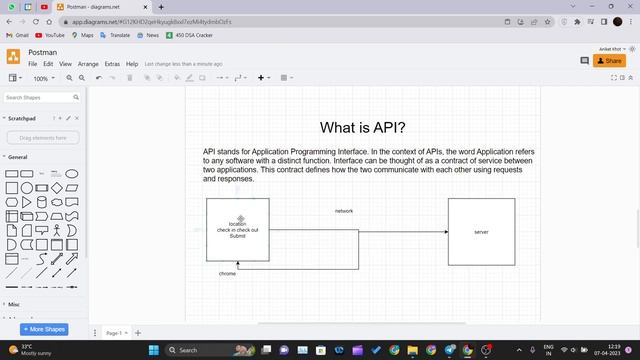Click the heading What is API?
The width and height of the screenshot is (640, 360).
pos(362,128)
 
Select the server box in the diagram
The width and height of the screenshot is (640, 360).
pos(481,232)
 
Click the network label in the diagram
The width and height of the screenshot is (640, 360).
pos(343,211)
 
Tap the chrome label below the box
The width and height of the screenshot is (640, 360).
pos(227,273)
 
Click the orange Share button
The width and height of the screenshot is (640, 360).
pos(609,61)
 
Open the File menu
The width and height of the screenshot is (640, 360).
pos(33,64)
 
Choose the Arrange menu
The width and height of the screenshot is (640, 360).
pos(88,64)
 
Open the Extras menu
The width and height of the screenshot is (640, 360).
pos(112,64)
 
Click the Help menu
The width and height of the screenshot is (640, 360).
pos(132,64)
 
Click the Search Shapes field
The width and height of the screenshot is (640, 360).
pos(38,98)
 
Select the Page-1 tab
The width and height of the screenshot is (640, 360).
pos(114,333)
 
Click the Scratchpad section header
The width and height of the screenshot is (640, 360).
pos(23,118)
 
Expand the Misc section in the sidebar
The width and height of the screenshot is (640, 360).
pos(14,304)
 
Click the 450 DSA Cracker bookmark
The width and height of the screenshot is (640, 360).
pos(193,35)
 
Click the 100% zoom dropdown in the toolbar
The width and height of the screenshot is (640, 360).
pos(43,78)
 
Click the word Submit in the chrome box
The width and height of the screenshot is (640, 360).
pos(237,236)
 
